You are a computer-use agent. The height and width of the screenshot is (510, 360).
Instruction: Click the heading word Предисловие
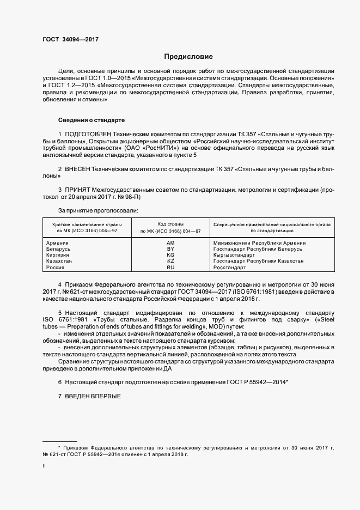tap(188, 57)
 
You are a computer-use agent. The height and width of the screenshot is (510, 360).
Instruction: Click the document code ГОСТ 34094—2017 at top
tap(70, 40)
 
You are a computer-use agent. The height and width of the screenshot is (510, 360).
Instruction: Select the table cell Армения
tap(57, 242)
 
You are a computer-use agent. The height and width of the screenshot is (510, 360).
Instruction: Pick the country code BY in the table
tap(170, 249)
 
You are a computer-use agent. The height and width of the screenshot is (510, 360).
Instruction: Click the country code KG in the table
tap(170, 255)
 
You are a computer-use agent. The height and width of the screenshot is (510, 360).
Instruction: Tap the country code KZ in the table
tap(170, 261)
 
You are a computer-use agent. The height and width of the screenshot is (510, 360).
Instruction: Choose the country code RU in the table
tap(170, 268)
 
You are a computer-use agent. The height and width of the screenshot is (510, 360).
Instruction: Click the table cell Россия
tap(56, 268)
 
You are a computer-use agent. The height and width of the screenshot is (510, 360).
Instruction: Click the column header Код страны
tap(170, 224)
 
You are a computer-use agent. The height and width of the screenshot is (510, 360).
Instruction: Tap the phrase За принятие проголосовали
tap(91, 210)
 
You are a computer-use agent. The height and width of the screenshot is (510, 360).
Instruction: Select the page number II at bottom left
tap(44, 466)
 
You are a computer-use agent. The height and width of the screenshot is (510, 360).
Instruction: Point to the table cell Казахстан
tap(59, 261)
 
